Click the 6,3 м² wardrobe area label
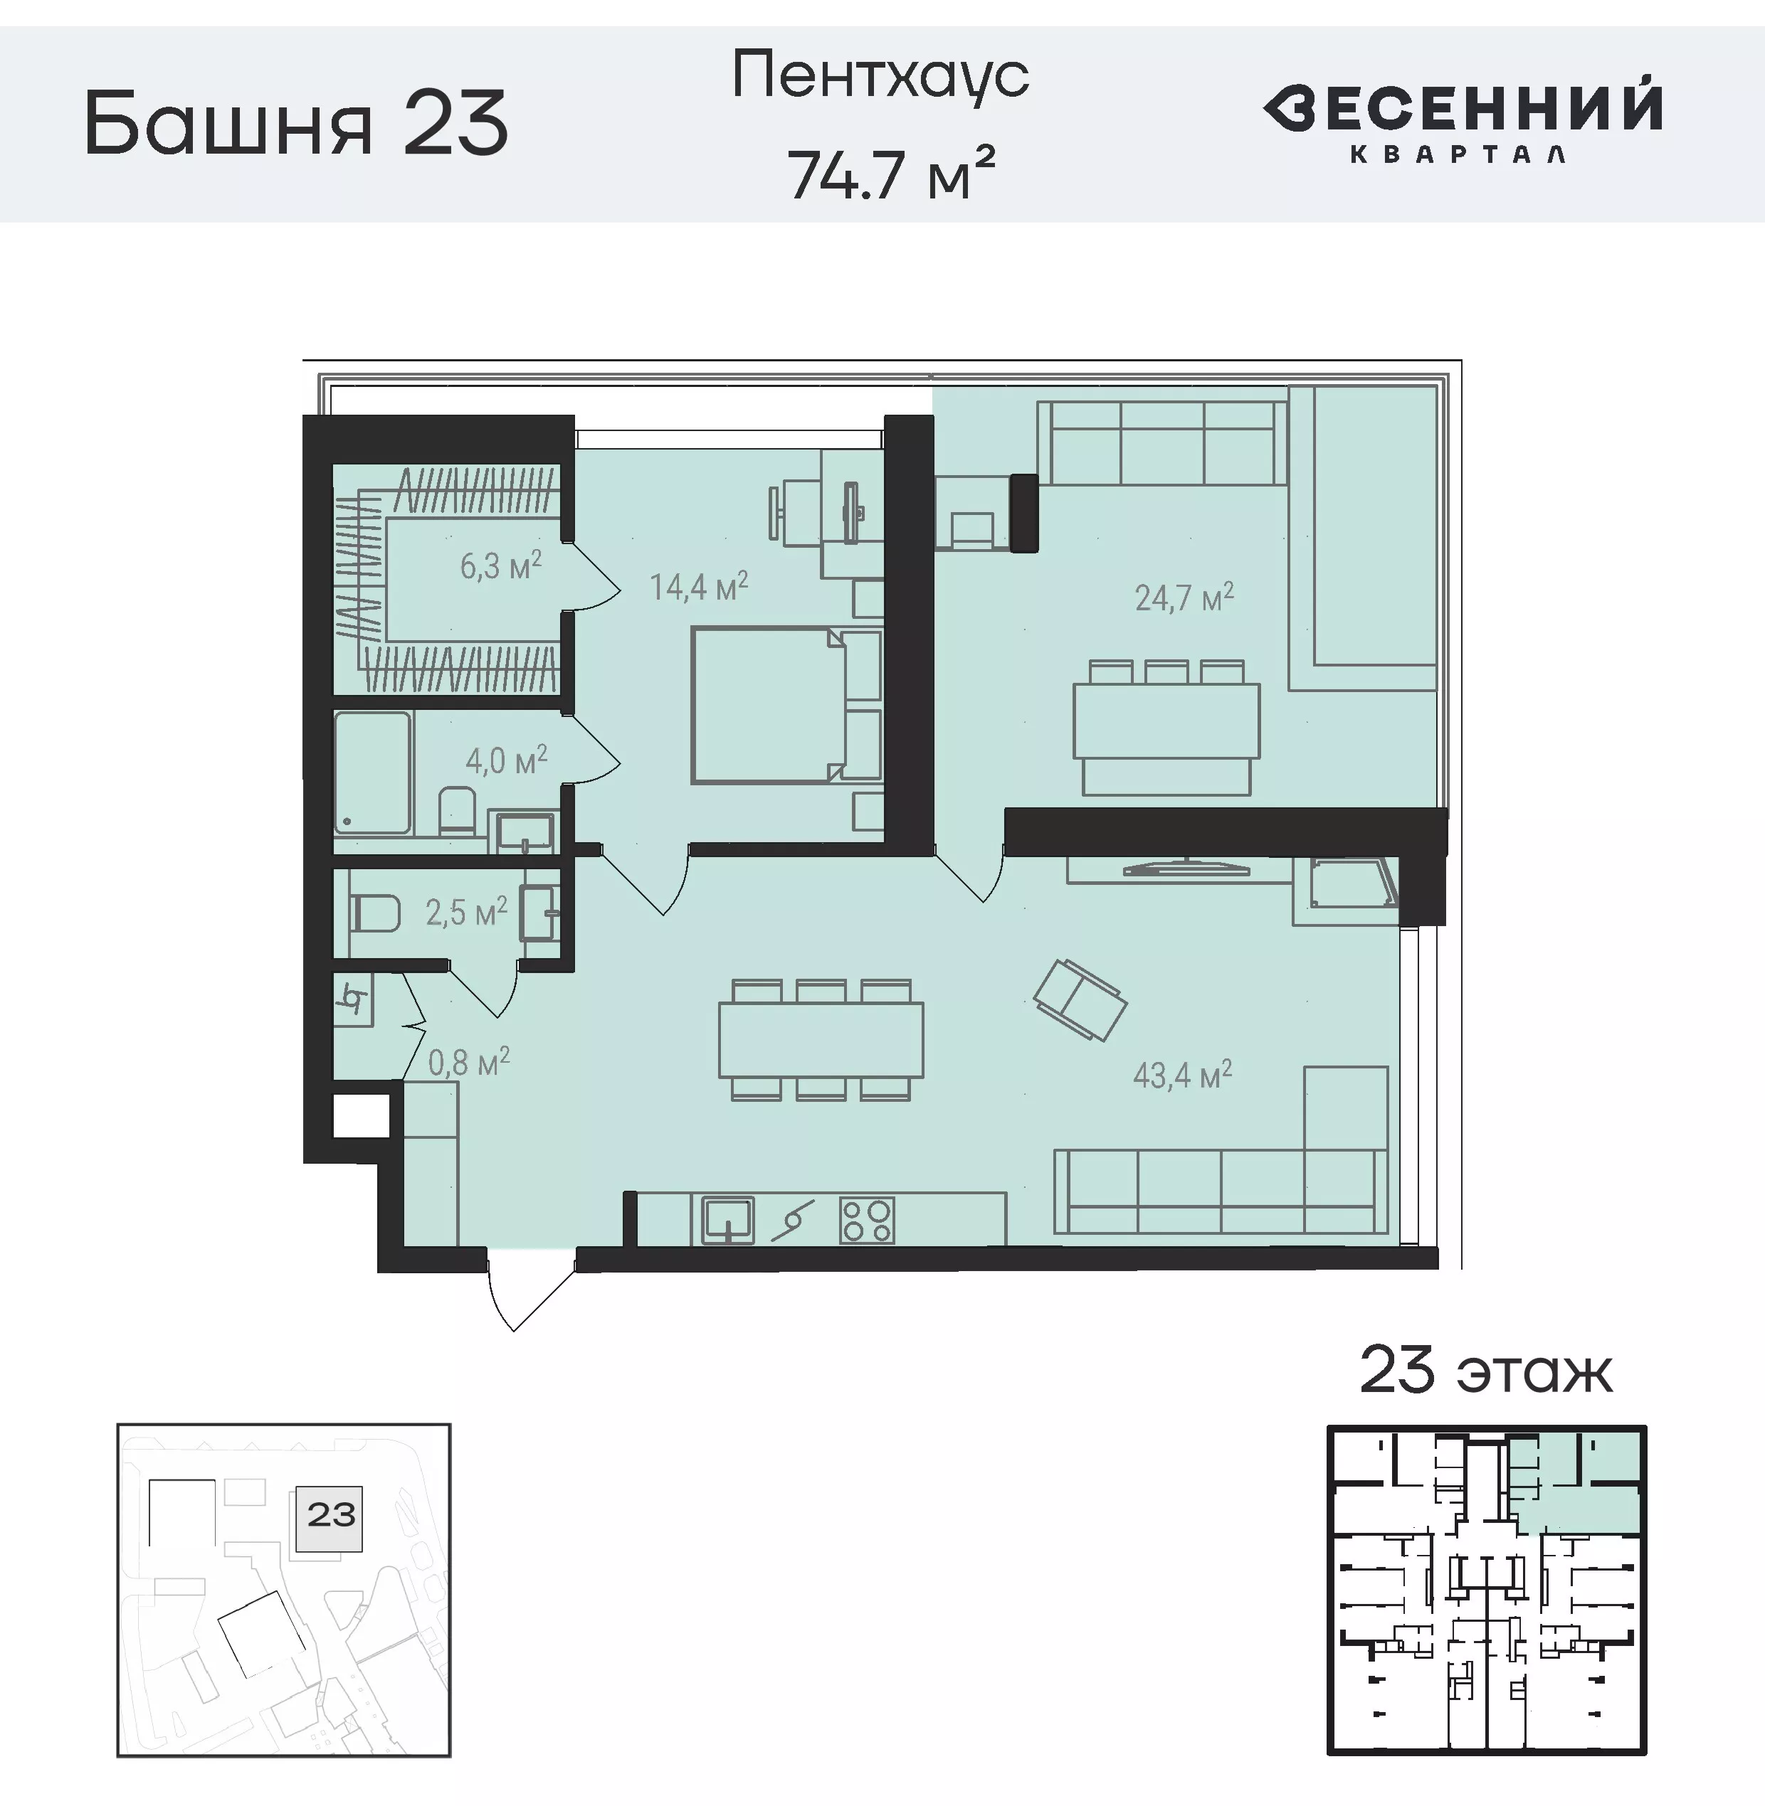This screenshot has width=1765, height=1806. [x=500, y=565]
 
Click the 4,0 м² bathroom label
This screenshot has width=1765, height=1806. [x=506, y=761]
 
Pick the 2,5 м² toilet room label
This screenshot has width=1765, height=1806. [x=466, y=913]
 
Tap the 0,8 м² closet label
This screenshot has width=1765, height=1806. [x=469, y=1062]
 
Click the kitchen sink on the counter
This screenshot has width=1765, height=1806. [x=727, y=1219]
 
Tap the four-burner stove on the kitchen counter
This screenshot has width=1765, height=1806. [x=867, y=1219]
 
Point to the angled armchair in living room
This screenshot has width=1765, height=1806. [x=1080, y=1000]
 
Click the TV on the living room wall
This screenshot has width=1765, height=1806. [x=1186, y=869]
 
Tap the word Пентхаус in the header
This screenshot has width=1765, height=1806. [x=880, y=76]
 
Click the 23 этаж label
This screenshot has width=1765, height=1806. [x=1485, y=1372]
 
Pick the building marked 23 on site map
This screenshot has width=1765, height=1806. [x=331, y=1518]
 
